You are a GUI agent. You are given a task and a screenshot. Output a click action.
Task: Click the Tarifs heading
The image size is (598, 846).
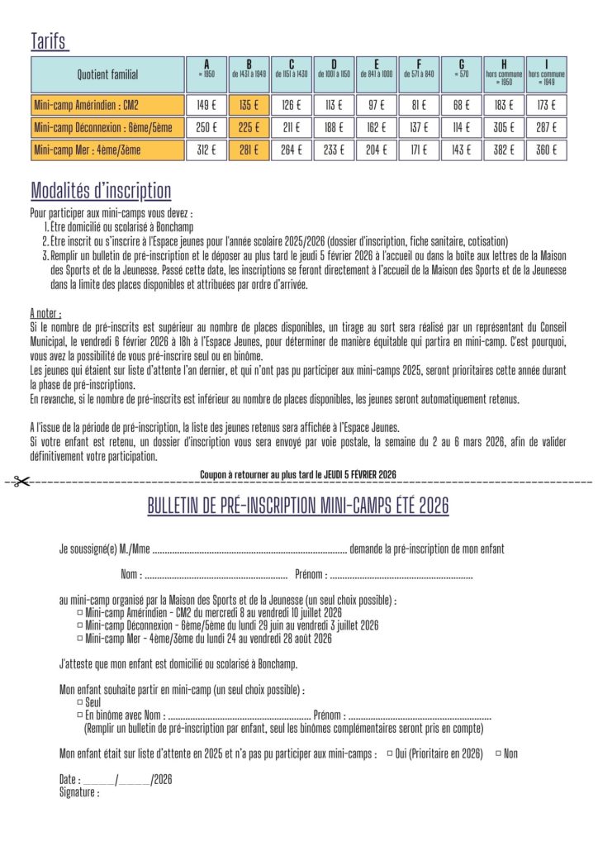tap(49, 42)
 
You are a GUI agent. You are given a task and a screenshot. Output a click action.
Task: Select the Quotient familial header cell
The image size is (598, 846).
tap(108, 74)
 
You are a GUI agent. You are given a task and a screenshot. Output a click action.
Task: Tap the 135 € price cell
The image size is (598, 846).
tap(249, 105)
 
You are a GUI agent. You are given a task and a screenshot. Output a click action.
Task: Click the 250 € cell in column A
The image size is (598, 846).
tap(206, 127)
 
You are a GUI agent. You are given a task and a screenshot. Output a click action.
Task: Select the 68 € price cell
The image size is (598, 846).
tap(461, 105)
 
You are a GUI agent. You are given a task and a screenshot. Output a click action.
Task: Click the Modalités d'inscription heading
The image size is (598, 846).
tap(101, 192)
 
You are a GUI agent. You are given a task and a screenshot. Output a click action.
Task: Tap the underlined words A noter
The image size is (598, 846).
tap(45, 314)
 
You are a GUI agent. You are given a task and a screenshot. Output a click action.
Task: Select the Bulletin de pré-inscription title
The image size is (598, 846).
tap(298, 506)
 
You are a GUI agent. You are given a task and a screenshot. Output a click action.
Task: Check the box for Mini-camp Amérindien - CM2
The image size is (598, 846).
tap(79, 613)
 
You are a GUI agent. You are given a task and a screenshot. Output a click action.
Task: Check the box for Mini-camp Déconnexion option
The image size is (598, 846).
tap(79, 625)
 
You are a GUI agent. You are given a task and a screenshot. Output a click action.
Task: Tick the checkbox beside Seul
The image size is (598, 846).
tap(79, 701)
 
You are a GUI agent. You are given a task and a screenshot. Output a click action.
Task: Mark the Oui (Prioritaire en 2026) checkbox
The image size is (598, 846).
tap(390, 753)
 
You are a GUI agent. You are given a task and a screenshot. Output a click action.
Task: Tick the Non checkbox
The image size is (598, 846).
tap(497, 753)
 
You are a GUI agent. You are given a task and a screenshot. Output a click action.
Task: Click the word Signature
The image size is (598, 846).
tap(79, 792)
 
